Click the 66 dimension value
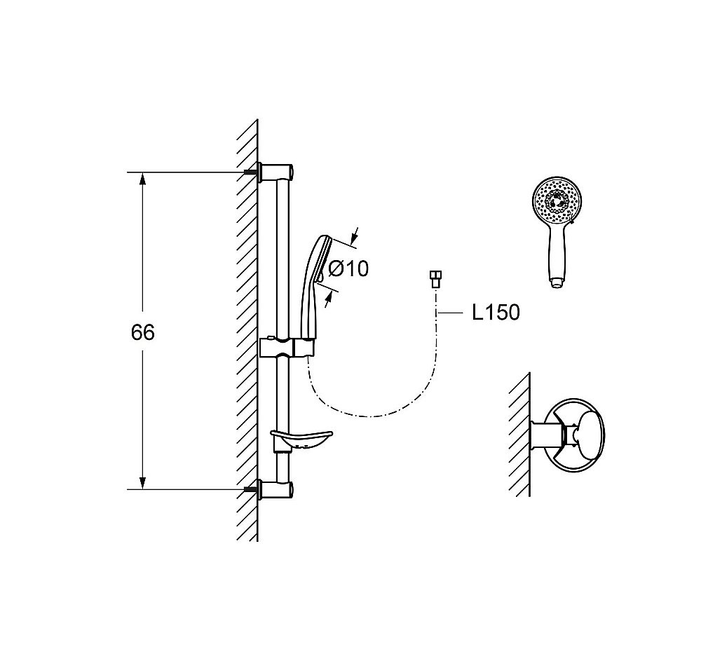coord(142,332)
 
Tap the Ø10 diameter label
coord(348,268)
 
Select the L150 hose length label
coord(496,313)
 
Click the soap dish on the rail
coord(301,440)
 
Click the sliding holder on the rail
coord(289,346)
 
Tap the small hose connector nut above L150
coord(436,278)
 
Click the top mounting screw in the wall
coord(250,172)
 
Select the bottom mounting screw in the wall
coord(250,489)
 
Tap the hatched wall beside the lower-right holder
coord(519,435)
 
